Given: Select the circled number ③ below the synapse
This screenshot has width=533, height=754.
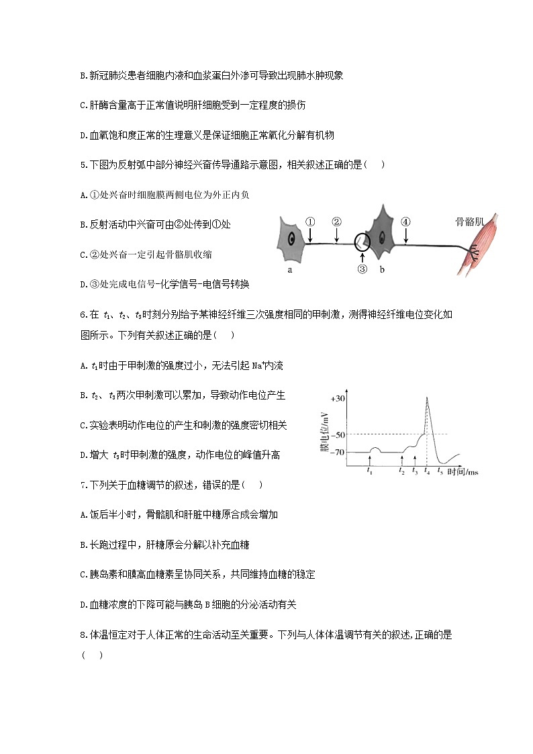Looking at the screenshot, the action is coord(362,270).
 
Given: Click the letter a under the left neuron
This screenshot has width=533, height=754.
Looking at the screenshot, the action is coord(289,270).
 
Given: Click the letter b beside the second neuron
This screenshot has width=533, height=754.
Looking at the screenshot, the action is coord(382,269).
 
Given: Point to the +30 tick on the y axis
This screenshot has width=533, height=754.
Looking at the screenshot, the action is coord(338,398).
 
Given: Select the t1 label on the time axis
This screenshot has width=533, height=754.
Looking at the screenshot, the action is coord(370,471).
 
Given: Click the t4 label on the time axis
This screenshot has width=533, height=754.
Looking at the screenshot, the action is coord(427,471).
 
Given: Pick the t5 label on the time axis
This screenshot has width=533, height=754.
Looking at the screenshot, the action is coord(440,471).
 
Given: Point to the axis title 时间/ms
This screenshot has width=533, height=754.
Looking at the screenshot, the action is coord(463,473).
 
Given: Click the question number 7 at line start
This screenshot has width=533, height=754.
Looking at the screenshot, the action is coord(81,485).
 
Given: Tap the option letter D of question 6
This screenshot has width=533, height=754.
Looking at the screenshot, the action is coord(82,455).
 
